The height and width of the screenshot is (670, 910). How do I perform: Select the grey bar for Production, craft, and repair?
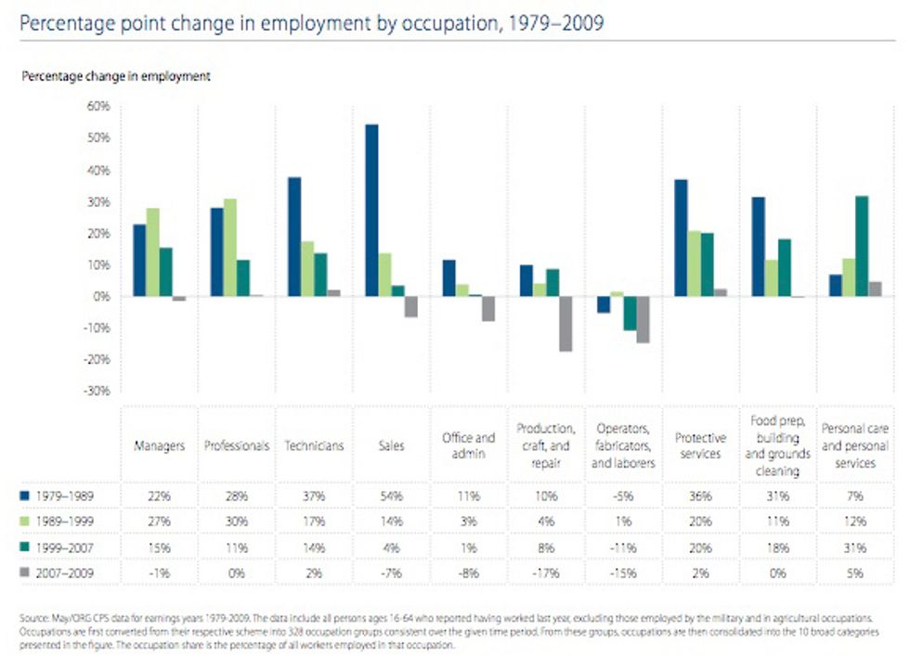click(565, 324)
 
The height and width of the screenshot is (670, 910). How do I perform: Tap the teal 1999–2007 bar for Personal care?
click(862, 246)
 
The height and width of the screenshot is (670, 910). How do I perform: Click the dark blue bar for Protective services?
click(681, 238)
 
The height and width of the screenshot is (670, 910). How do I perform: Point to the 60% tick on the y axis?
click(98, 107)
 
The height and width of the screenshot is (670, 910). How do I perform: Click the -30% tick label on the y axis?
click(97, 392)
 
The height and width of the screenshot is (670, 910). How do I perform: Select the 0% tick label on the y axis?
click(100, 297)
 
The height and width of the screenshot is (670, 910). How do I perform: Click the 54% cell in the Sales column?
click(391, 496)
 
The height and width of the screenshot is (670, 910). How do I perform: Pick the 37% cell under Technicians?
click(313, 496)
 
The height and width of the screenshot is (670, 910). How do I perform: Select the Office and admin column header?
click(468, 445)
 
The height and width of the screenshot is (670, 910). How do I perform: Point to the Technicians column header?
click(313, 445)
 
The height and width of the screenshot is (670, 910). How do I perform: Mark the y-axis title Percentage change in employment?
click(116, 76)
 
